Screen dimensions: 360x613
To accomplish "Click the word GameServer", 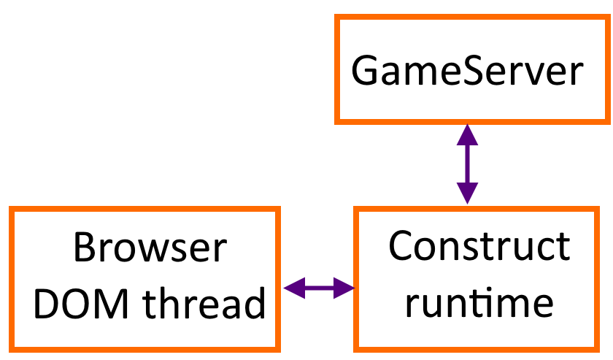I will [x=467, y=72].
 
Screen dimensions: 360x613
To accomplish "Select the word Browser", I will [x=150, y=249].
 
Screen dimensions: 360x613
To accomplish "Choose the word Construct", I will [x=479, y=246].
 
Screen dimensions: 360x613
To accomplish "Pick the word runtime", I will [x=479, y=301].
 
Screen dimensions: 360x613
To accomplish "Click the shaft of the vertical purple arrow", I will [x=467, y=164].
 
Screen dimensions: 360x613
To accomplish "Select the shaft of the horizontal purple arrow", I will [x=319, y=288].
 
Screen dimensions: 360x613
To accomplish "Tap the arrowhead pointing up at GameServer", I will [x=467, y=134].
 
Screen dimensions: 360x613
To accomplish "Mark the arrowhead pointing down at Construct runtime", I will [x=467, y=194].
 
